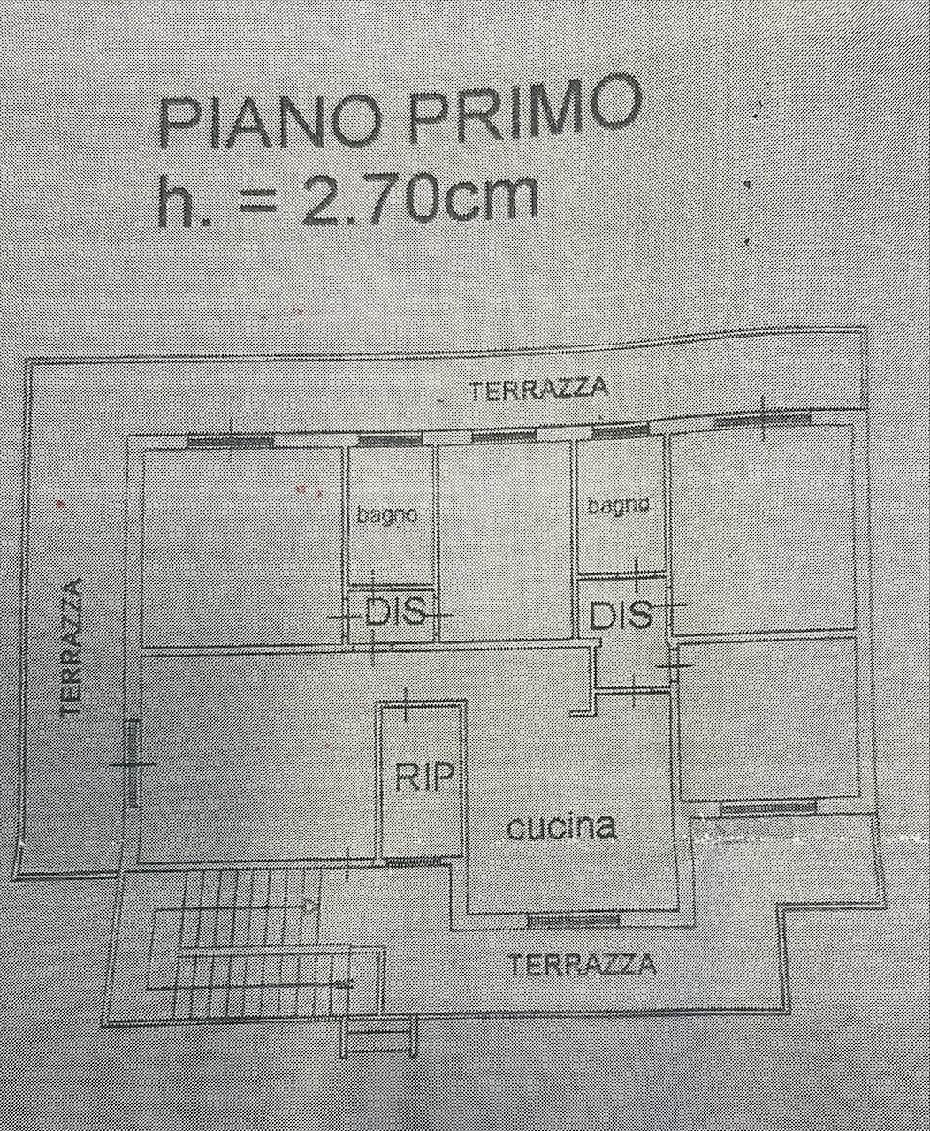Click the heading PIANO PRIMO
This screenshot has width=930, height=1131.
(x=400, y=112)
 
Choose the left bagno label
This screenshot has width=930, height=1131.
(x=386, y=515)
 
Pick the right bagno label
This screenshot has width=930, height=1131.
(x=618, y=505)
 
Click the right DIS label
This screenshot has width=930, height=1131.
(x=621, y=615)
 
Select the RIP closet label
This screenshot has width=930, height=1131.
(x=424, y=777)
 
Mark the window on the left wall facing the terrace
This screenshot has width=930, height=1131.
(x=133, y=763)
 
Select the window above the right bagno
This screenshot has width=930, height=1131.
(x=621, y=430)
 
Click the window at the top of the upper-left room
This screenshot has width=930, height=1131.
(x=232, y=441)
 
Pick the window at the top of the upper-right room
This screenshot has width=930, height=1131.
(x=762, y=420)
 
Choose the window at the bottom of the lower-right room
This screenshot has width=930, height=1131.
(x=768, y=808)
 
